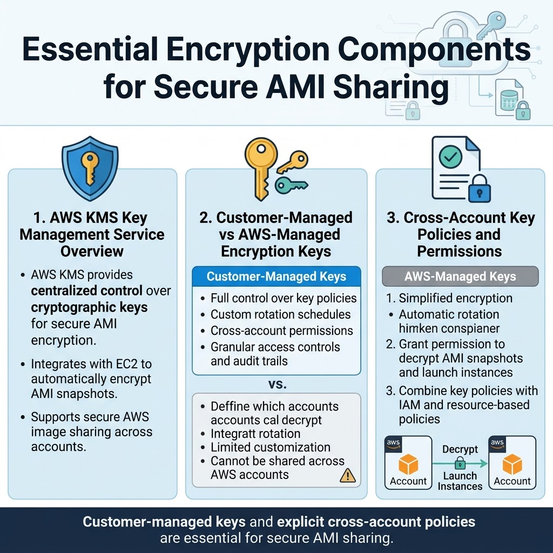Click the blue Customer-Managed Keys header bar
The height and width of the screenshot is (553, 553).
(x=276, y=277)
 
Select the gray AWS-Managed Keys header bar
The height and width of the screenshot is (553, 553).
(x=460, y=277)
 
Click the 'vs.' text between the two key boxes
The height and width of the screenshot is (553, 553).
(x=277, y=385)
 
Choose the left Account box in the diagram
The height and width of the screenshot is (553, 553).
(x=408, y=463)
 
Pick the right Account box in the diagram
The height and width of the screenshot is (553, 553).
(x=512, y=463)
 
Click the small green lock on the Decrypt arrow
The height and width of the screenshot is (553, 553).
(x=460, y=463)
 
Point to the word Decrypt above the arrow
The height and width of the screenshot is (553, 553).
(x=460, y=449)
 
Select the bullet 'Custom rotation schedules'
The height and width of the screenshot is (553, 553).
(x=280, y=314)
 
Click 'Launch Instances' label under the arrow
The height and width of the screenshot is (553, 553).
(x=460, y=481)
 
